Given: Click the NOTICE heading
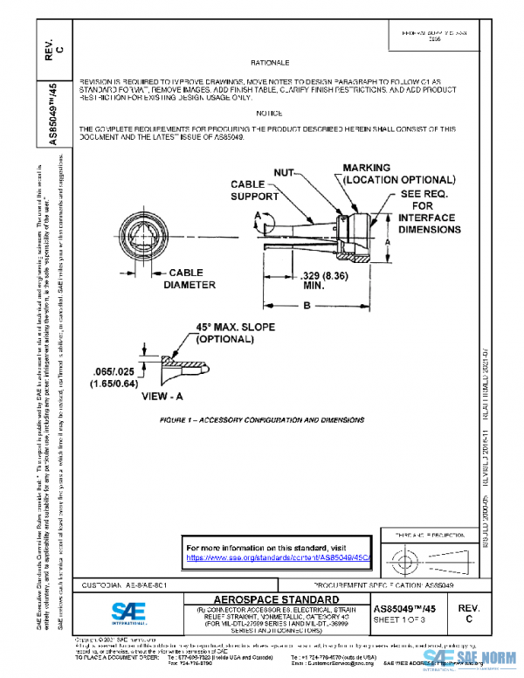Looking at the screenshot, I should click(x=269, y=114).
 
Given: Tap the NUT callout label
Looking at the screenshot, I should click(x=285, y=174).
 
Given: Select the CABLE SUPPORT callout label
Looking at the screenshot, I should click(x=254, y=190).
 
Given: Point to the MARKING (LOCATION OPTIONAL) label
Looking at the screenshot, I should click(x=398, y=173).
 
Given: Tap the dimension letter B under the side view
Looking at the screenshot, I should click(x=306, y=307).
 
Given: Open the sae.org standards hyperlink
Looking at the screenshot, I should click(x=279, y=557).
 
